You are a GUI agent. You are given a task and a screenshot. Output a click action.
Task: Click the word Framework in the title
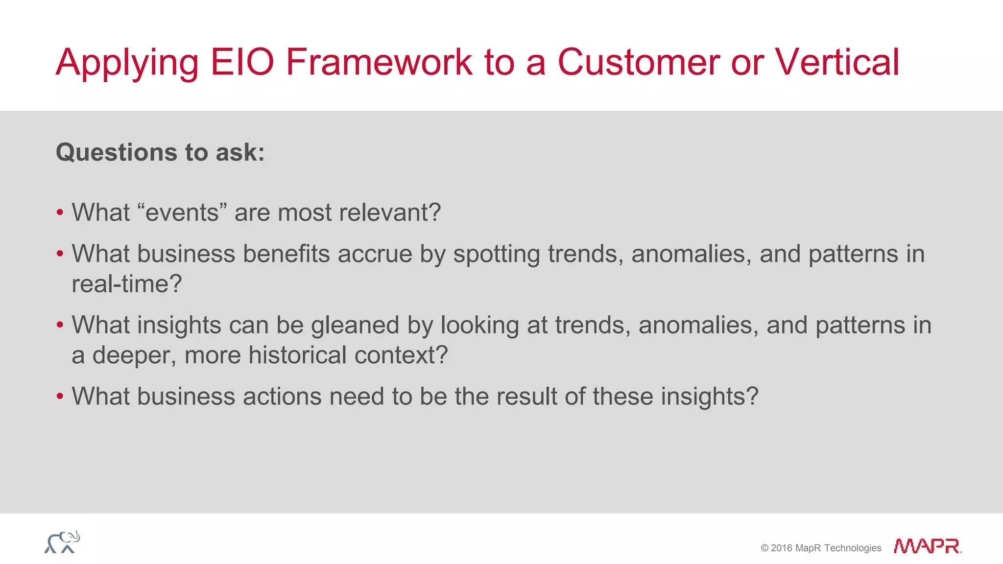click(379, 62)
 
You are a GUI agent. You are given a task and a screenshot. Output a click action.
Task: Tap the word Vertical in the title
click(837, 62)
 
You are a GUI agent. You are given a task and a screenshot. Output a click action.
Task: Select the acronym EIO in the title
click(242, 62)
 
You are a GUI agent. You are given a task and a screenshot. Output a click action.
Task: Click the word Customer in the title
click(638, 62)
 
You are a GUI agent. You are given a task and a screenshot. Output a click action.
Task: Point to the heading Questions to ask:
click(160, 152)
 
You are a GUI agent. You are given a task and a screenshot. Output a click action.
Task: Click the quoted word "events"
click(182, 212)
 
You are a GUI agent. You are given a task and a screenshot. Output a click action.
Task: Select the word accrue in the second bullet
click(375, 254)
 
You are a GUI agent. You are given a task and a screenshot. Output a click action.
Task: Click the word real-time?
click(126, 284)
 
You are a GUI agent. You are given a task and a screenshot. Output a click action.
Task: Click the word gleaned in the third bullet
click(355, 325)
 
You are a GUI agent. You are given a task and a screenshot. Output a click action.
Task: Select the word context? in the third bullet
click(401, 355)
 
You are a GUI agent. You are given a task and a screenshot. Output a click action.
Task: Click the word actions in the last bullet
click(282, 396)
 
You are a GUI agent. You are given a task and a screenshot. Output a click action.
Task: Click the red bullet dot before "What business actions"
click(60, 396)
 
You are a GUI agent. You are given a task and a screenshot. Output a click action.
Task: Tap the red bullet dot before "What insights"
click(60, 325)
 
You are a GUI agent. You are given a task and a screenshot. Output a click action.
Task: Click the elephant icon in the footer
click(62, 542)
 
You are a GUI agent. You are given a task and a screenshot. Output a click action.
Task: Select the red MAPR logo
click(927, 546)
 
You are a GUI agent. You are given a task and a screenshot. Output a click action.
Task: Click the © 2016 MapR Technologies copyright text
click(821, 548)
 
